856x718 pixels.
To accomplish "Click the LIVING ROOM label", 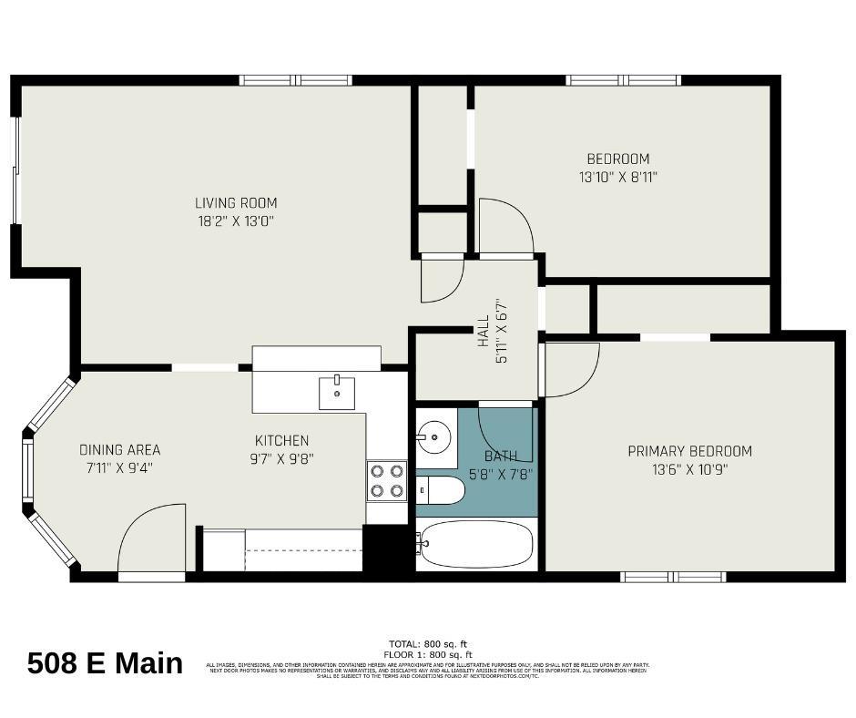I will [236, 203].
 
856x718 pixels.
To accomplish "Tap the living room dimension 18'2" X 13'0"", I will [236, 221].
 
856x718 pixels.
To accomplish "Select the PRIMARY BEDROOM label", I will [689, 451].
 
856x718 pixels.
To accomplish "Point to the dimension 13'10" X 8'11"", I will [618, 177].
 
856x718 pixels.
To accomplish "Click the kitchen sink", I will [336, 393].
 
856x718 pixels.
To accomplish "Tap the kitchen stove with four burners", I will [386, 480].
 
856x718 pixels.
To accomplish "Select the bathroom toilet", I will [441, 490].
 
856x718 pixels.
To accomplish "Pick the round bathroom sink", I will [435, 437].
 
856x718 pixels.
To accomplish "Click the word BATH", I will [501, 456].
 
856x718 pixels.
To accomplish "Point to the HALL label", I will [483, 333].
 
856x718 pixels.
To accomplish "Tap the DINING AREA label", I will [119, 449].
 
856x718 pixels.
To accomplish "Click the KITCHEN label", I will [281, 441].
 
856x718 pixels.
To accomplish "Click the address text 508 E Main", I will [105, 663].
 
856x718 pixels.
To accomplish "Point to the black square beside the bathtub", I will [388, 549].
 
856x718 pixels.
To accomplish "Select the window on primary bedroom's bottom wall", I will [673, 576].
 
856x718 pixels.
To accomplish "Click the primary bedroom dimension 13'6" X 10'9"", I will [689, 470].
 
